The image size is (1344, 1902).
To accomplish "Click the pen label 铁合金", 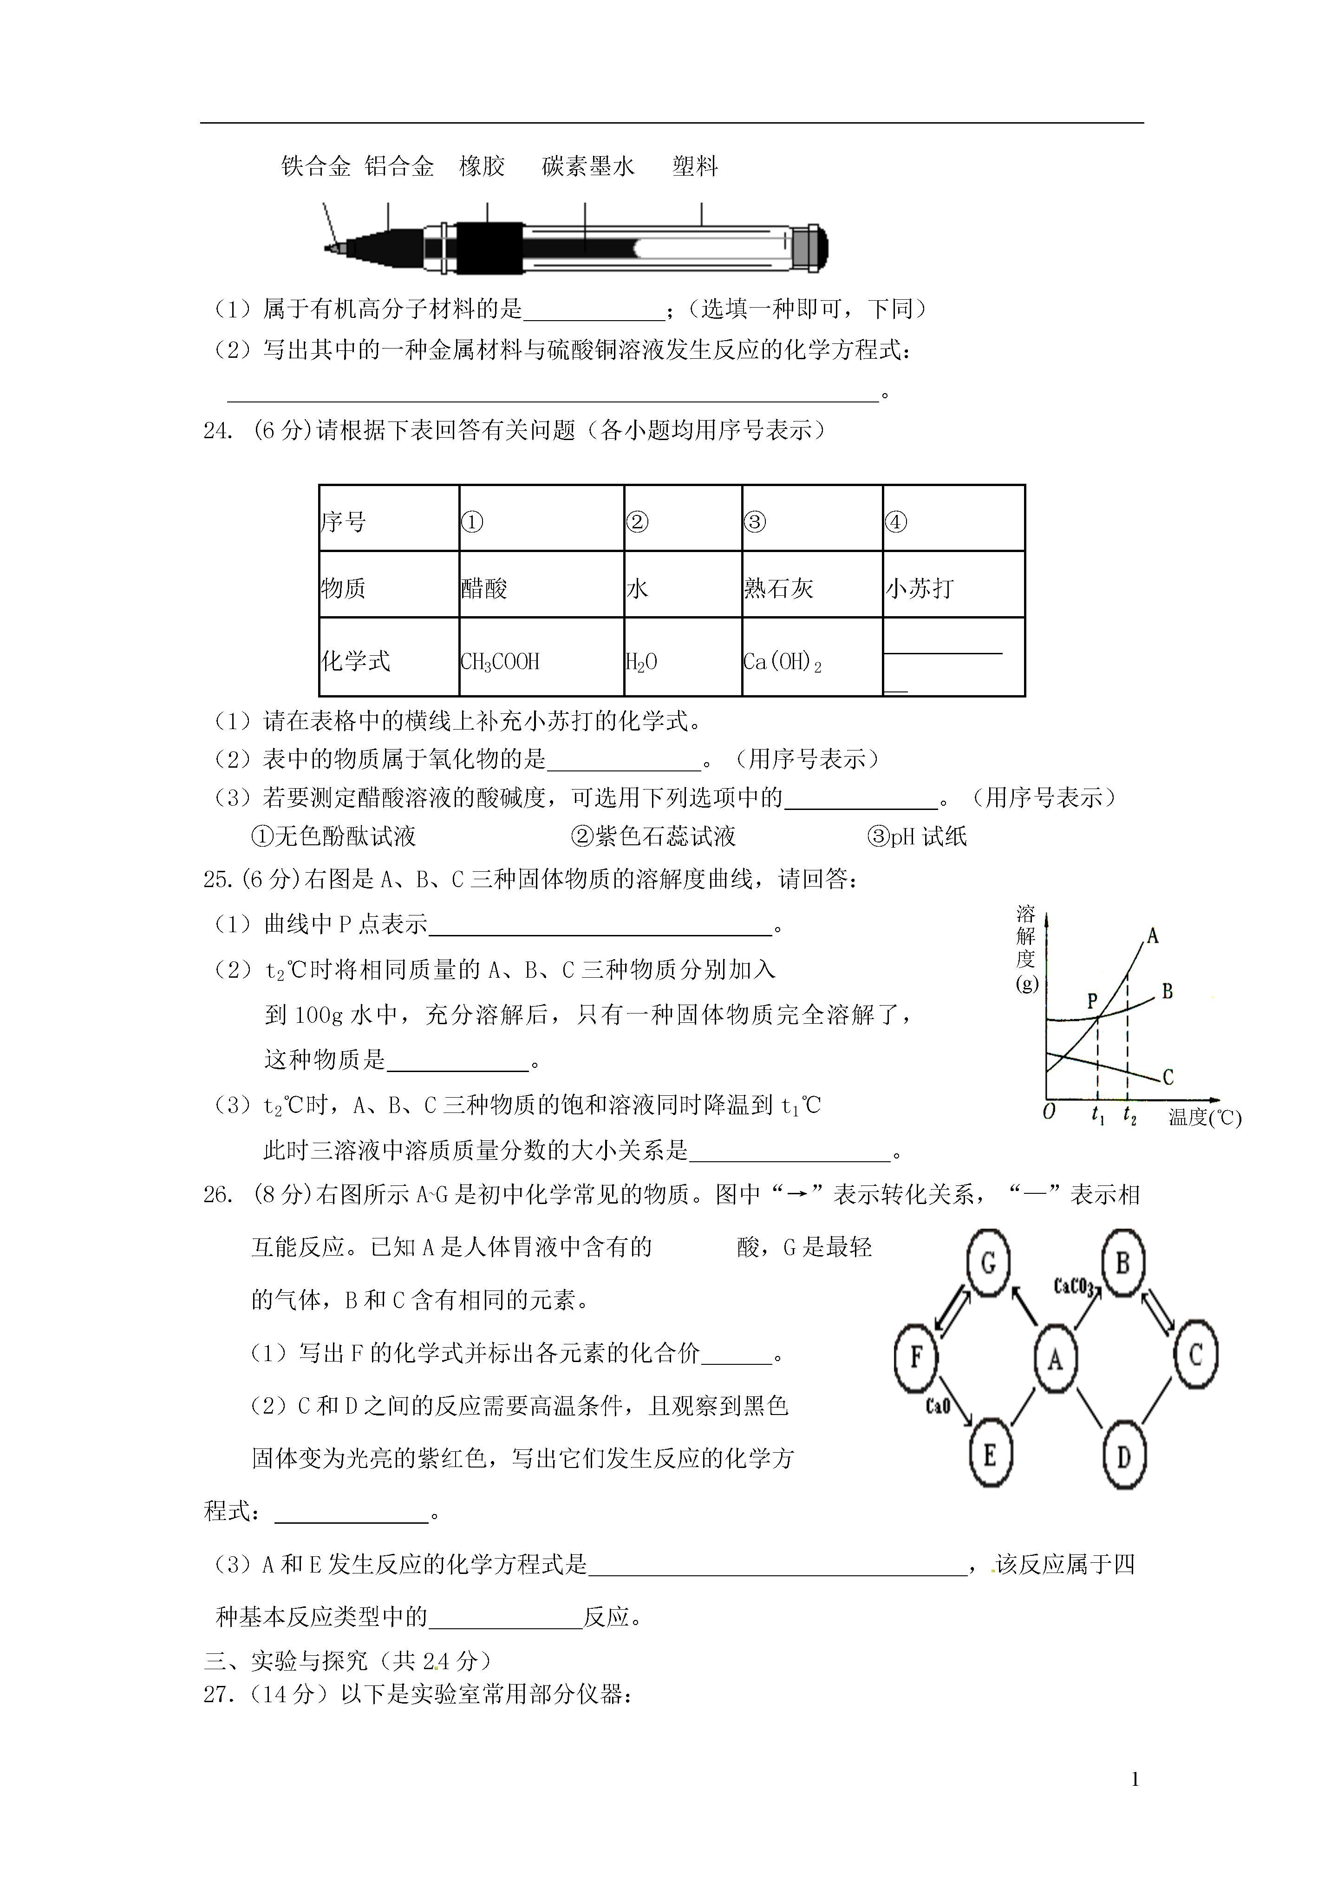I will (315, 166).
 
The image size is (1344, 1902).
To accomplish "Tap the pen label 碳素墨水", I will (588, 166).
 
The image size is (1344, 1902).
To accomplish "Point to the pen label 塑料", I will (695, 166).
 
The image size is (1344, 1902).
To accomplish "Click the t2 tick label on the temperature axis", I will (1129, 1116).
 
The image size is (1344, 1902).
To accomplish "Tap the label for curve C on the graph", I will (1168, 1077).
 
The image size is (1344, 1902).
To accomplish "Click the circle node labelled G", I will (988, 1264).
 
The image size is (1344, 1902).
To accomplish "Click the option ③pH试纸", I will (917, 836).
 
